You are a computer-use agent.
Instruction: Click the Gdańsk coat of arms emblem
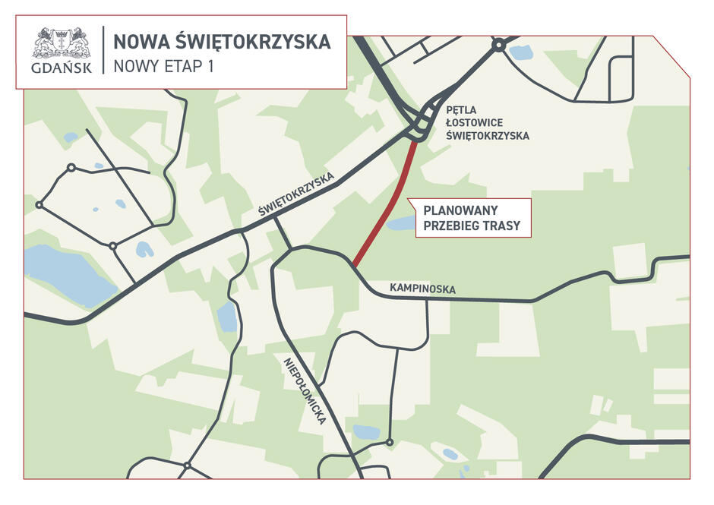pyautogui.click(x=61, y=43)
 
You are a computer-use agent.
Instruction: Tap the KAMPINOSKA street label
pyautogui.click(x=422, y=289)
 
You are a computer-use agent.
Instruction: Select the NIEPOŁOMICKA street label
pyautogui.click(x=305, y=390)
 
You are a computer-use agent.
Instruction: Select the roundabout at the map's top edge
pyautogui.click(x=498, y=46)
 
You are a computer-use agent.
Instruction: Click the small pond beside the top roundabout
pyautogui.click(x=520, y=52)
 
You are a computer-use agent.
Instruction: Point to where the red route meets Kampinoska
pyautogui.click(x=354, y=266)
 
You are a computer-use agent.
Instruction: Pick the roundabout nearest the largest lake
pyautogui.click(x=112, y=246)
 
